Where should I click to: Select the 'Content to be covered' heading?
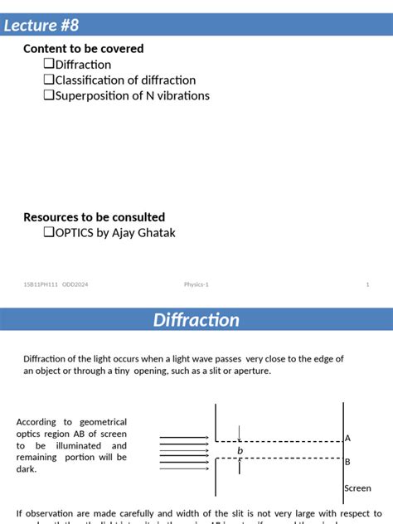[x=84, y=49]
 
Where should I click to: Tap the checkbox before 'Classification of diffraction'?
[x=48, y=80]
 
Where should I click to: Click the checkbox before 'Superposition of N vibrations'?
[x=48, y=96]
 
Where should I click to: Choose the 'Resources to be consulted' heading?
[x=95, y=217]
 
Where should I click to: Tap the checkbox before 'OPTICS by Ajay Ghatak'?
[x=48, y=233]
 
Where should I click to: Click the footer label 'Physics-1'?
[x=196, y=284]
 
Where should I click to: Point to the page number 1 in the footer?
[x=367, y=284]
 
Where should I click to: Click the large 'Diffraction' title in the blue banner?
[x=196, y=320]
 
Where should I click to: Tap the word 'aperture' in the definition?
[x=249, y=371]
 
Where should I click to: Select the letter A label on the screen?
[x=348, y=438]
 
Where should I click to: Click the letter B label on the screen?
[x=348, y=462]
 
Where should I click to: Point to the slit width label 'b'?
[x=240, y=451]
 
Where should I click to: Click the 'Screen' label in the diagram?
[x=358, y=489]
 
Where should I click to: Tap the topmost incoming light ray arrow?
[x=185, y=437]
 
